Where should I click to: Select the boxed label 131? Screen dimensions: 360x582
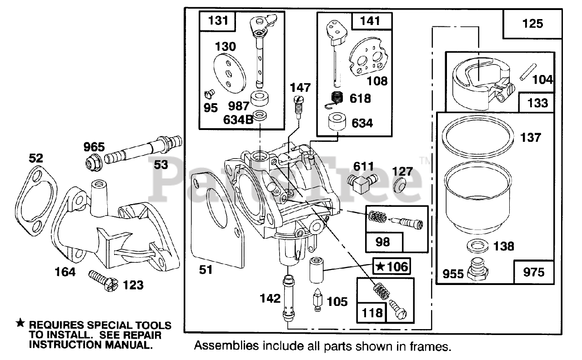pyautogui.click(x=216, y=21)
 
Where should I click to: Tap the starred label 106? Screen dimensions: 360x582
pyautogui.click(x=391, y=266)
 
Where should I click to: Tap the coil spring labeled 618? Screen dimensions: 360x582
pyautogui.click(x=337, y=99)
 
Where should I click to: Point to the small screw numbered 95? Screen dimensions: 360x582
pyautogui.click(x=210, y=95)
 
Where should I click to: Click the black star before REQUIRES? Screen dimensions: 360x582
pyautogui.click(x=20, y=324)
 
